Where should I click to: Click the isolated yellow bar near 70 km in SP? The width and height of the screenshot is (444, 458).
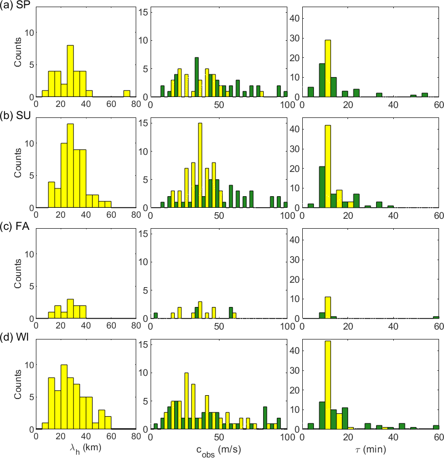click(x=126, y=94)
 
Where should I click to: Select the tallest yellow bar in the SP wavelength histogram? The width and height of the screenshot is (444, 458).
click(x=70, y=71)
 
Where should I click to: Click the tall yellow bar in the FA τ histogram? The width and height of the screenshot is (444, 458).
click(x=328, y=308)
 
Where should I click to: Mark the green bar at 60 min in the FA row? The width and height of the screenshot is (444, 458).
click(x=436, y=317)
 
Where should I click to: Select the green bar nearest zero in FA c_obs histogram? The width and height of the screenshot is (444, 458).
click(x=156, y=315)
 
